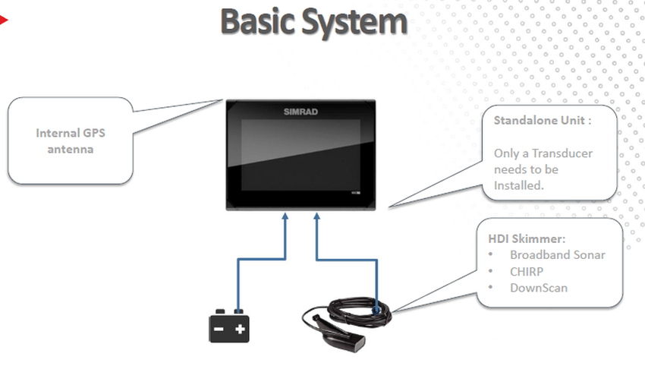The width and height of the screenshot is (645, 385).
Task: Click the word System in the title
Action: click(354, 23)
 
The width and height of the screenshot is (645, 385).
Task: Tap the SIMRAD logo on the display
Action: click(300, 112)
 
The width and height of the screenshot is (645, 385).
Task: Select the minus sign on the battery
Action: click(219, 329)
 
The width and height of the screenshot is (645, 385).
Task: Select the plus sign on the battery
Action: click(240, 329)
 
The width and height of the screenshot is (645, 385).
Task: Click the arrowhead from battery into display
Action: click(285, 216)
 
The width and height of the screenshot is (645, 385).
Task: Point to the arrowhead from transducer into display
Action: click(316, 216)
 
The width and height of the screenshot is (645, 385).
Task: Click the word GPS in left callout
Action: click(94, 133)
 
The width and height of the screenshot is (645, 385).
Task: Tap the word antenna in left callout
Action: click(71, 149)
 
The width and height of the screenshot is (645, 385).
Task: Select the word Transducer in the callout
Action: click(562, 153)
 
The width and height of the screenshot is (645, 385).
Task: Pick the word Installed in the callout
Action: click(519, 186)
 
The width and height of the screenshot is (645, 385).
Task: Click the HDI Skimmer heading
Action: click(527, 239)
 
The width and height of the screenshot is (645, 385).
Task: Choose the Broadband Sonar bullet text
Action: click(558, 255)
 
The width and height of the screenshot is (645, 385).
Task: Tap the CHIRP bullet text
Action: click(527, 272)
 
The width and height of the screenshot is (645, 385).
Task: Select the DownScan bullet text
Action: click(539, 288)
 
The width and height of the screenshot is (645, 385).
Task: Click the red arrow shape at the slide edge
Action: click(3, 20)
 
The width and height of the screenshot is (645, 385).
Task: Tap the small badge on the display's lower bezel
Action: click(356, 192)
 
